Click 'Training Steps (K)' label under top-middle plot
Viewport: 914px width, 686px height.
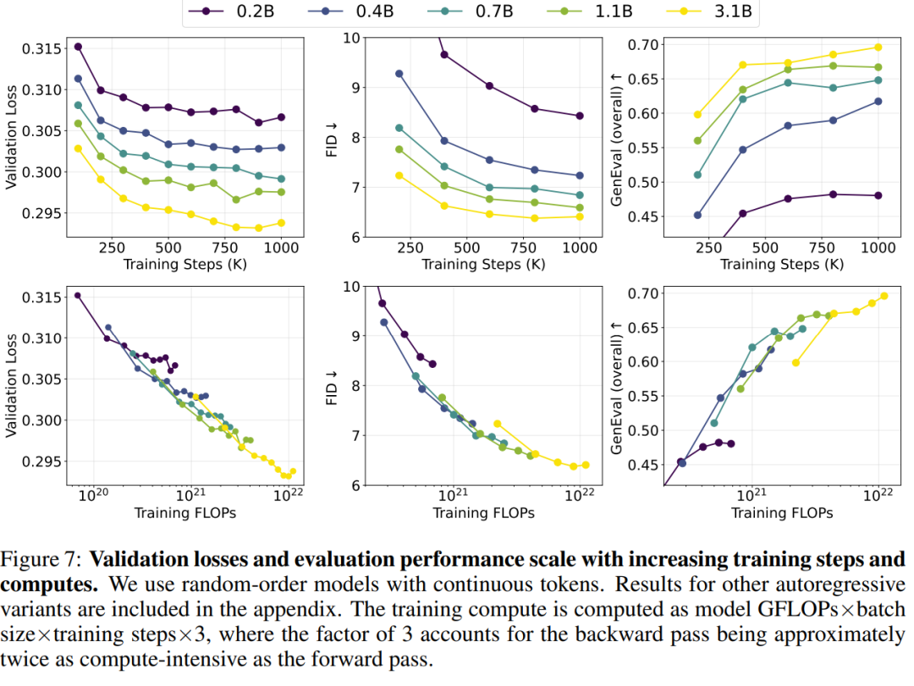pos(483,264)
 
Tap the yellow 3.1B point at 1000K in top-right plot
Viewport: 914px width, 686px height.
pos(878,47)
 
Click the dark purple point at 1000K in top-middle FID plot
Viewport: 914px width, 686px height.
pos(580,116)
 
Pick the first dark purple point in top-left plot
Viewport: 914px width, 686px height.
pos(78,47)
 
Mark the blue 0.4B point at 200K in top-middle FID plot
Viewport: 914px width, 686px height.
pos(399,74)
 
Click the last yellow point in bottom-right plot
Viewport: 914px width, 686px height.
pos(884,295)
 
